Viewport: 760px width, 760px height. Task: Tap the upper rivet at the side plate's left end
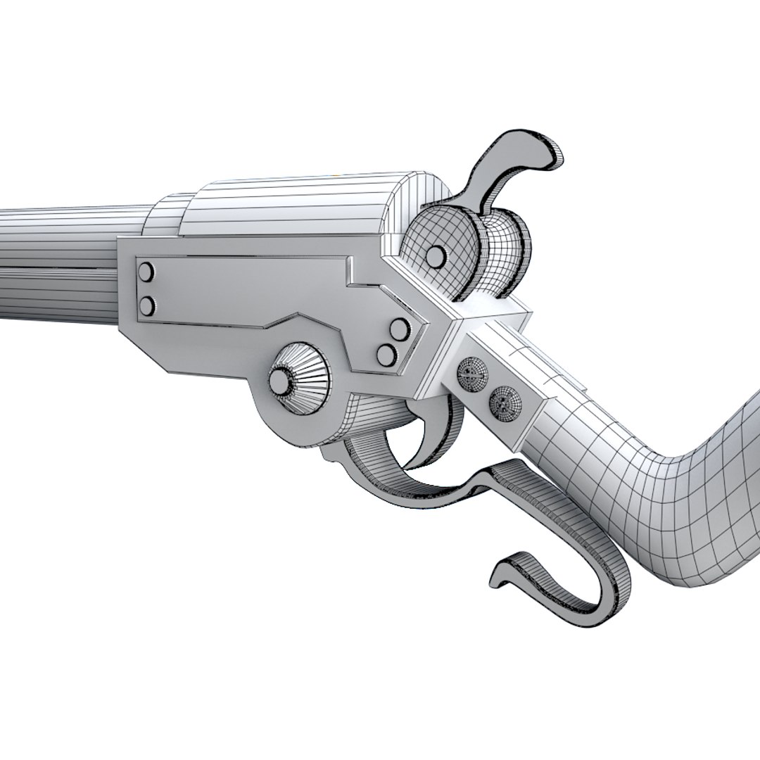[x=147, y=270]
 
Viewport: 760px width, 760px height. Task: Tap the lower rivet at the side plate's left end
[x=147, y=305]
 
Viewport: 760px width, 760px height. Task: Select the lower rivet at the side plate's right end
[x=386, y=355]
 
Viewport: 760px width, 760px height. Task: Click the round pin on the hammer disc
[x=436, y=255]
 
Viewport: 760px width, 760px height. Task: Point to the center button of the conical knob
[x=280, y=381]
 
